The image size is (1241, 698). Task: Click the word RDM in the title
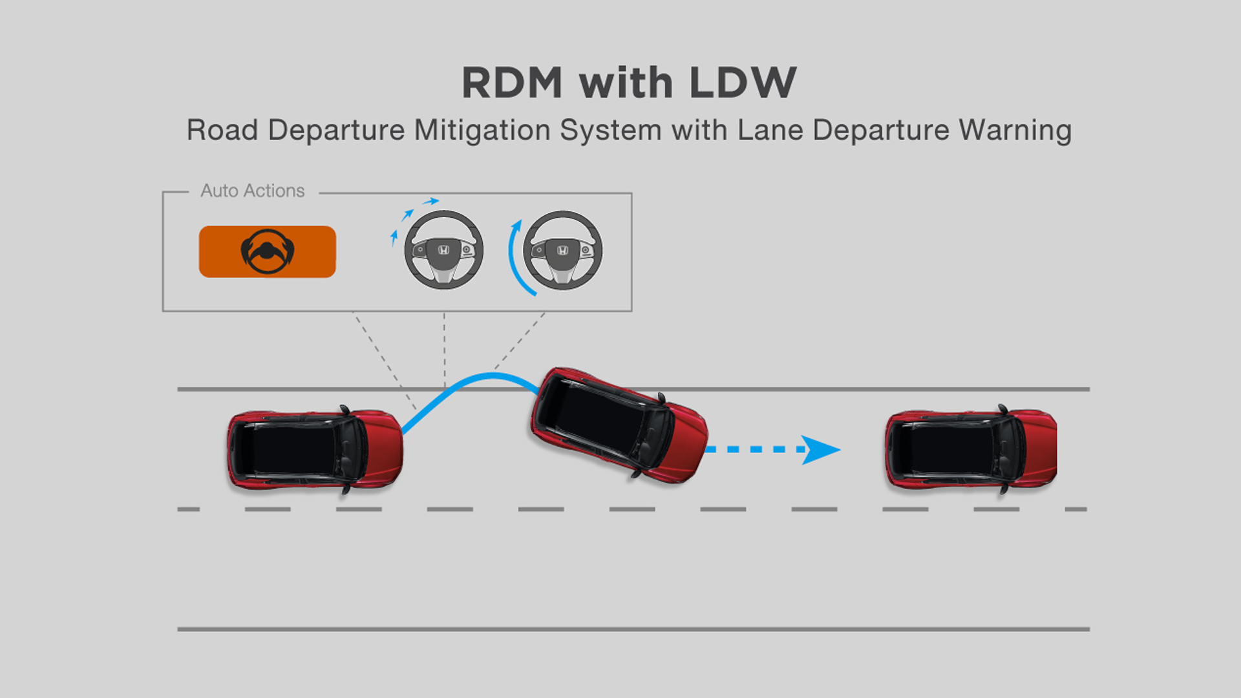tap(512, 83)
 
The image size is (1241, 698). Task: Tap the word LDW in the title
tap(743, 83)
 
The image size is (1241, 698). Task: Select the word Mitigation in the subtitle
tap(482, 130)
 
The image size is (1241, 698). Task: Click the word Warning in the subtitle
tap(1015, 130)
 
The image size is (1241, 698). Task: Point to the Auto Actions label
tap(252, 191)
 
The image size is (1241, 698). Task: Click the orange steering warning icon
tap(267, 251)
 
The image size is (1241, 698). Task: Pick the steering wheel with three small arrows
tap(443, 250)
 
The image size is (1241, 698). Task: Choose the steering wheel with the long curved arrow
tap(562, 250)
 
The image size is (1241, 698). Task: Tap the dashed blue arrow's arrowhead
tap(820, 450)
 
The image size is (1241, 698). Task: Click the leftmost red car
tap(315, 450)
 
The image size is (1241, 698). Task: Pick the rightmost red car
tap(971, 450)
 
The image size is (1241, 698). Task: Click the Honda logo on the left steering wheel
tap(443, 250)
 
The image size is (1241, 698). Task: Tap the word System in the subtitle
tap(610, 130)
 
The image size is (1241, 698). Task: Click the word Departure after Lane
tap(880, 130)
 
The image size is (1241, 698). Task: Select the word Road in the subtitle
tap(222, 130)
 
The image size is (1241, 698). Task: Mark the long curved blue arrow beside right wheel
tap(515, 259)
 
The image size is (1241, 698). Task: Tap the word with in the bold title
tap(626, 83)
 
